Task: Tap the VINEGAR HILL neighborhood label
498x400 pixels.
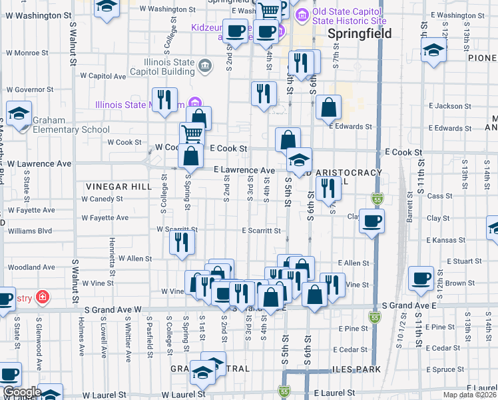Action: point(119,187)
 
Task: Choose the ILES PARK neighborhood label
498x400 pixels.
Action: point(356,369)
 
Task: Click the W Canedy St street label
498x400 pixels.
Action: point(103,199)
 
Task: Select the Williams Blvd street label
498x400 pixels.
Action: point(29,231)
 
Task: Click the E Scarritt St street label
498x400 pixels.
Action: point(260,231)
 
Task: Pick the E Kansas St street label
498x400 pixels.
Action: point(445,239)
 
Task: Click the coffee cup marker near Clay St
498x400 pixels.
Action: point(372,220)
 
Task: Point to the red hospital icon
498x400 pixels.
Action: point(42,297)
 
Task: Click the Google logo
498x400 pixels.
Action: point(21,393)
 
